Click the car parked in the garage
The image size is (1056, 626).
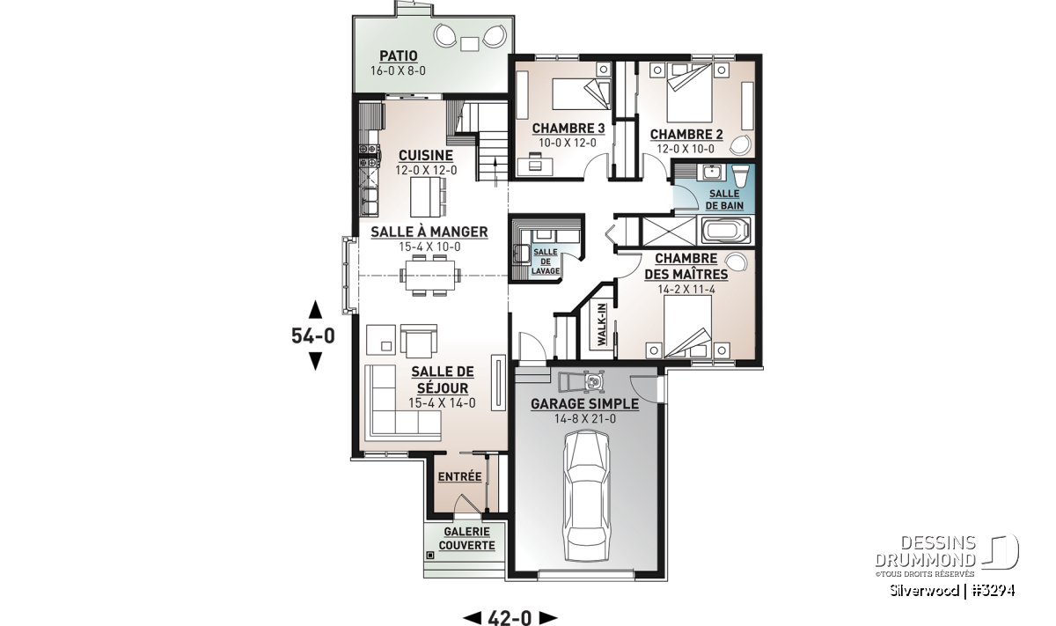586,497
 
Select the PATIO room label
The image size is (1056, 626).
399,55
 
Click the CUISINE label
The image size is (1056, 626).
426,155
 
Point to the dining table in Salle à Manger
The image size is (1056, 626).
430,275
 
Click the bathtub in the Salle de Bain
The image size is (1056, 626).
725,231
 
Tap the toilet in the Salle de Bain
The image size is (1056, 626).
741,175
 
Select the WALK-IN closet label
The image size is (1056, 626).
602,325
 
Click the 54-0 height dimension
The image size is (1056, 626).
313,335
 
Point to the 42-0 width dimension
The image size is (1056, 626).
510,617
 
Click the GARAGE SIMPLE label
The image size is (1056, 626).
584,404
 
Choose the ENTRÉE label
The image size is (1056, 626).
459,476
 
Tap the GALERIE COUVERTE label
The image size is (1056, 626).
466,539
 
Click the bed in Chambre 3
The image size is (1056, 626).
582,94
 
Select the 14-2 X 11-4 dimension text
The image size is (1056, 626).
686,289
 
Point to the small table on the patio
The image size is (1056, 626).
470,44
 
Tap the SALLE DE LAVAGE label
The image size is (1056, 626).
546,261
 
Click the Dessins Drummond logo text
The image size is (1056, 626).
925,550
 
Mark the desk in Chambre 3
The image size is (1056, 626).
536,166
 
